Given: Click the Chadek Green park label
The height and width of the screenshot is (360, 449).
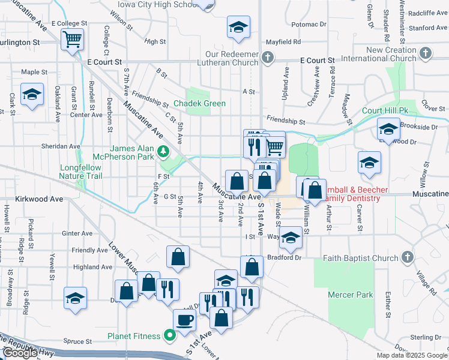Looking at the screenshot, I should pos(200,104).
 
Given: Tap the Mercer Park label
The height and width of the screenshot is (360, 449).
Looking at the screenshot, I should pos(351,295).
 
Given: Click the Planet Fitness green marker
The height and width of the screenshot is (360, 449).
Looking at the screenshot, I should pos(170,336).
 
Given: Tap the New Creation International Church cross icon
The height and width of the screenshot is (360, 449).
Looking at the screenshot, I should pos(426,53).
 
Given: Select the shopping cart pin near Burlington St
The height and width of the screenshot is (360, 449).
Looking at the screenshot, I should pos(73,40).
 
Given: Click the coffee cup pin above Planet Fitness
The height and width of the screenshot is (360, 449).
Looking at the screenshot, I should pos(184,320).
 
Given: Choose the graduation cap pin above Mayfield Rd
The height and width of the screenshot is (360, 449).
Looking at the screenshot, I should pos(238,27).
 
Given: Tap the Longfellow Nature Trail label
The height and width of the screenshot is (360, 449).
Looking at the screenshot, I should pos(81,172).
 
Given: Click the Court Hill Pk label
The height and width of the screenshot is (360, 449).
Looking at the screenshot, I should pos(385,111).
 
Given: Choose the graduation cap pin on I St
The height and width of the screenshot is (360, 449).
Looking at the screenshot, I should pos(291,238).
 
